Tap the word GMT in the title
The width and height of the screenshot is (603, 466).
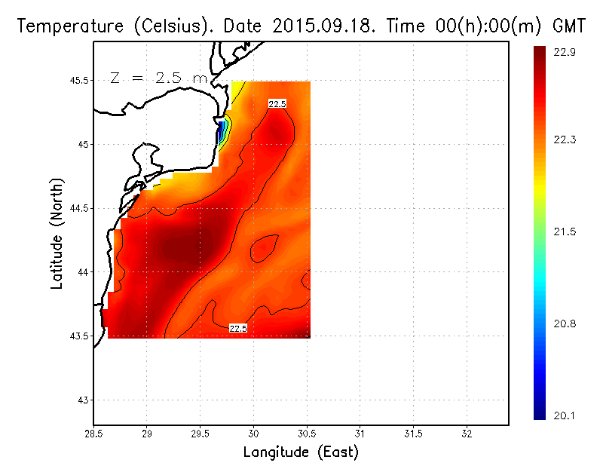(569, 26)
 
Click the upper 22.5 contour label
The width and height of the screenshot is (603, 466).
(277, 104)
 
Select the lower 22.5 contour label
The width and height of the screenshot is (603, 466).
(238, 329)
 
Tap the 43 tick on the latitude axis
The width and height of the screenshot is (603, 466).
(83, 400)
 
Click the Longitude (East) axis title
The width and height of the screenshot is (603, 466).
(300, 452)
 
